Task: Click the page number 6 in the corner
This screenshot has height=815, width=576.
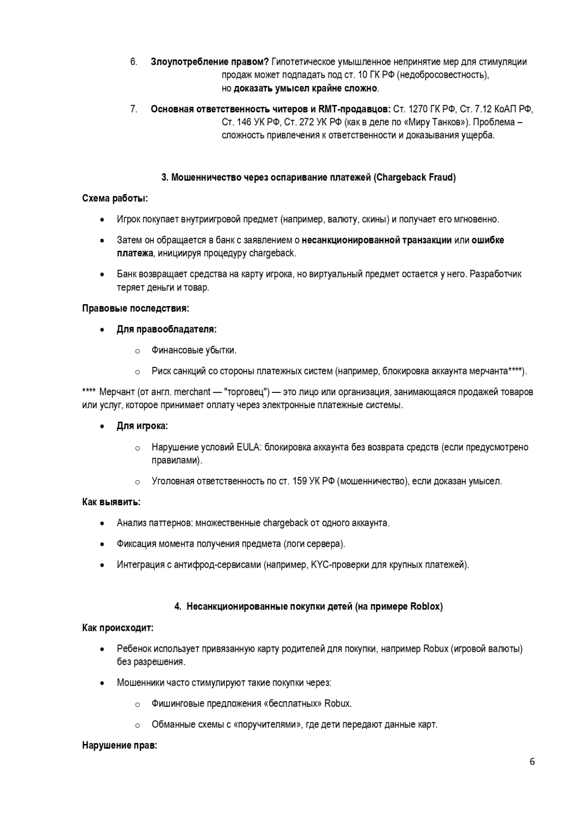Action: [x=532, y=762]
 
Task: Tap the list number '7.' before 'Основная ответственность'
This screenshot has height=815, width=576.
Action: [x=134, y=109]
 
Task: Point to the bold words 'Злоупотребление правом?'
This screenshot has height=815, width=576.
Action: [x=210, y=62]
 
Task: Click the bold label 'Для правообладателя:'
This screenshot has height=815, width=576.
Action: [x=167, y=329]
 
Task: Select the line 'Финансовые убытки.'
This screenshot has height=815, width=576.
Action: [x=194, y=350]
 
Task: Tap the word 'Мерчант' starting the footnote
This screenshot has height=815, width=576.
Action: [x=117, y=392]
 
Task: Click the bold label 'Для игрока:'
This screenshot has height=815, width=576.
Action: [x=142, y=426]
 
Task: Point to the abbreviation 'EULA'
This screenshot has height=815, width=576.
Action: [x=249, y=447]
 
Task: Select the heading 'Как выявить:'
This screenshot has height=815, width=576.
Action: [x=111, y=502]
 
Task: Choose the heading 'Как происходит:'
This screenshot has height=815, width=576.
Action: [x=118, y=628]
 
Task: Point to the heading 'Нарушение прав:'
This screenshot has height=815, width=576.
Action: [x=120, y=745]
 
